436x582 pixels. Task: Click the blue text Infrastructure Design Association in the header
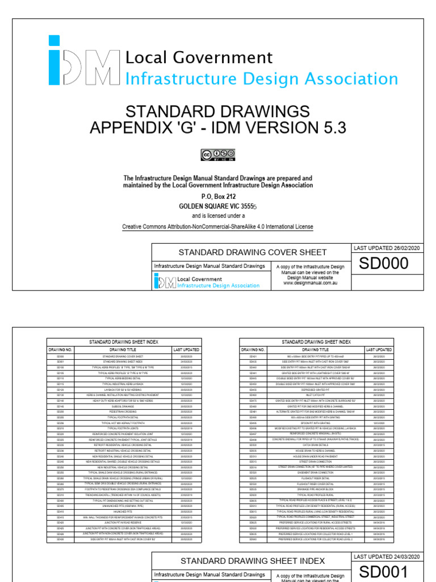(x=261, y=79)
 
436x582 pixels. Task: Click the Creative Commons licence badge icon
(x=217, y=154)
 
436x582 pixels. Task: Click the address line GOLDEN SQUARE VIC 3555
(x=218, y=206)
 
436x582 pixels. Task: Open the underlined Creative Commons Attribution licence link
(x=217, y=227)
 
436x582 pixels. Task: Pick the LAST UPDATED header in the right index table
(x=379, y=350)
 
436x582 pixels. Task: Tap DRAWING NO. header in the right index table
(x=253, y=350)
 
